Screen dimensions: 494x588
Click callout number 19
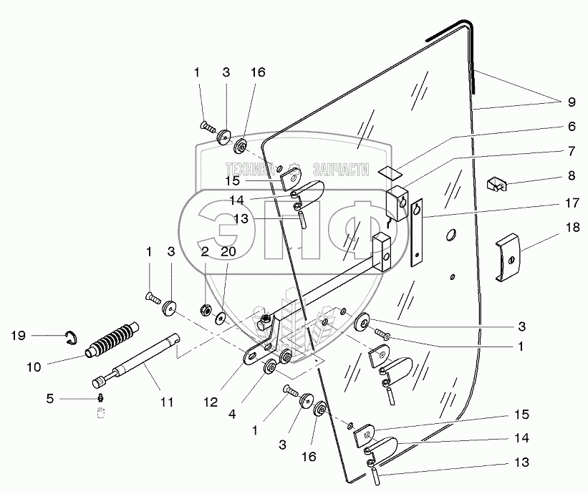pyautogui.click(x=19, y=334)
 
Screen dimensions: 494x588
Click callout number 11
pyautogui.click(x=166, y=402)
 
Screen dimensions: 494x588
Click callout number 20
pyautogui.click(x=227, y=251)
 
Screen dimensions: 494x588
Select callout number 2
pyautogui.click(x=205, y=251)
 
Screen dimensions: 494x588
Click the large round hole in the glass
pyautogui.click(x=450, y=234)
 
